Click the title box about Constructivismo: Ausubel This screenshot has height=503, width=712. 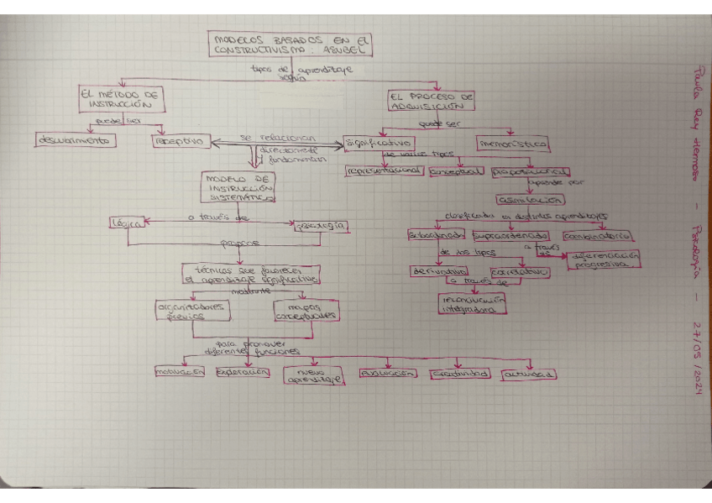coord(290,44)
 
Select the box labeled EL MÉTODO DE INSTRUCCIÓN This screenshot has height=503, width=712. coord(121,101)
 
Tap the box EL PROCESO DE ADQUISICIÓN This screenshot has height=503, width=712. coord(432,102)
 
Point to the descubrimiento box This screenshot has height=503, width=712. coord(74,140)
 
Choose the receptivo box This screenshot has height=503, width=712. coord(181,142)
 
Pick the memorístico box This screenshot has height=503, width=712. coord(513,144)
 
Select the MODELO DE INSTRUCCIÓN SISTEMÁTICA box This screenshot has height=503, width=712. coord(238,189)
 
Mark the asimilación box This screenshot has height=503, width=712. coord(531,201)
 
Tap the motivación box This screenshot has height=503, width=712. coord(180,372)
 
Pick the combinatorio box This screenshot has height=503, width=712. coord(598,236)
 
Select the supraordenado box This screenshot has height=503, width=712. coord(510,235)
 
